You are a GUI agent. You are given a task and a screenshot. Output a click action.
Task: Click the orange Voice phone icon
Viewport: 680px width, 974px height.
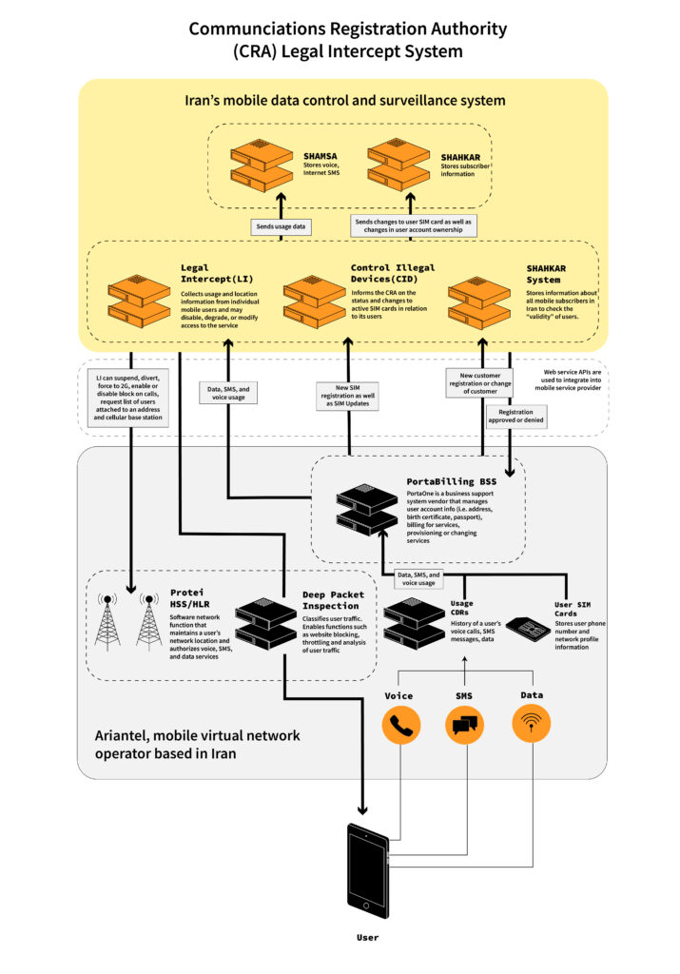399,726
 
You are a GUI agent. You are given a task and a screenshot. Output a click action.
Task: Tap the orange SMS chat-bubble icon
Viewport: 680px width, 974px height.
465,726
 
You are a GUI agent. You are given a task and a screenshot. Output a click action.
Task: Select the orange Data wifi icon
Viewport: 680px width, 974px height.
531,726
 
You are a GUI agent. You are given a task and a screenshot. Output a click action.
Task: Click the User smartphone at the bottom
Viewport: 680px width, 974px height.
368,870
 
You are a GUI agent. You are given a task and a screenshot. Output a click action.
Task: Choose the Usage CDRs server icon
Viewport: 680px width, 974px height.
415,624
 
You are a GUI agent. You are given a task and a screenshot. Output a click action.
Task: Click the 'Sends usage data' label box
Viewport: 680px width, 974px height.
281,227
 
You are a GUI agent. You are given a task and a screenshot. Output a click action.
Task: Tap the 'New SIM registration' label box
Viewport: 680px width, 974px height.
348,396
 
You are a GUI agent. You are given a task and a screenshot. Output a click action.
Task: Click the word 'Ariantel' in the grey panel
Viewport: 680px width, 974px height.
125,735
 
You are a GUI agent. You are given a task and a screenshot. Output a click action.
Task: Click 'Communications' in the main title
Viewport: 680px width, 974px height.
262,29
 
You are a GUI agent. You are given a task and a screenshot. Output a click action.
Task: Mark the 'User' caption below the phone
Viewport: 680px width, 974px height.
367,938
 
